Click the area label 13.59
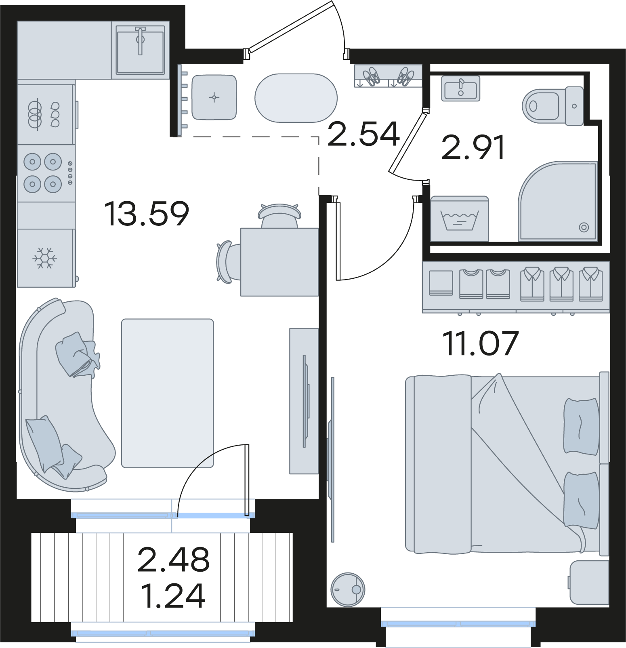point(147,213)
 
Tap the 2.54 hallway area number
point(363,134)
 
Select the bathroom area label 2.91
point(473,147)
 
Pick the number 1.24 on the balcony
point(173,595)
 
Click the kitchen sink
point(140,50)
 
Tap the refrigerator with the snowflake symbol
point(46,258)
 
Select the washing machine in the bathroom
point(460,219)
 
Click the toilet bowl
point(552,106)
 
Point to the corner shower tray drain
point(584,227)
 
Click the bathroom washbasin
point(461,88)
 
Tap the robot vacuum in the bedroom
point(348,589)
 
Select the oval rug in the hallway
point(296,98)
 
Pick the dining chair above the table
point(279,216)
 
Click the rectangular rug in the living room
point(168,393)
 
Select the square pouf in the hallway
point(214,97)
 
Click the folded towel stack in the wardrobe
point(441,283)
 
